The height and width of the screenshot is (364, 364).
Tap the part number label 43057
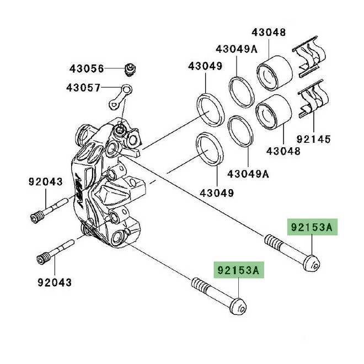83,87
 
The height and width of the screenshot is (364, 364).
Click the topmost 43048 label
269,32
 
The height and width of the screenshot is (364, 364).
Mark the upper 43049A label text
236,49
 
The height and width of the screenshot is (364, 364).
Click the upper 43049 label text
205,66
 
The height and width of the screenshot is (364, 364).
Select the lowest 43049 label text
216,193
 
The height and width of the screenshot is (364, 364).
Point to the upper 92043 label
45,181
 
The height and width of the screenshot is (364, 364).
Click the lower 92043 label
55,282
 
